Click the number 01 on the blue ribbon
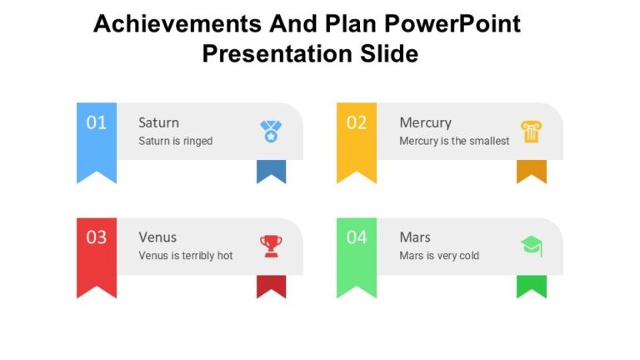[97, 123]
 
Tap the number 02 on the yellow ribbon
[357, 123]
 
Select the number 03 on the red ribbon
[97, 237]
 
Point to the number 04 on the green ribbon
[357, 237]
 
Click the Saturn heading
[158, 122]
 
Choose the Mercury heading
[425, 122]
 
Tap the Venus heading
[157, 237]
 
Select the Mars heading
[415, 237]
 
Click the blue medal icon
[271, 131]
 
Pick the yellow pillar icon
[531, 131]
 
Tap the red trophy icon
[271, 245]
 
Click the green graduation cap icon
[531, 245]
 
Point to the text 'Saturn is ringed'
[175, 141]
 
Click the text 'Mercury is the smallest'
[454, 141]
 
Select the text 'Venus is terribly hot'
[185, 256]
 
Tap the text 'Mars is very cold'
[439, 256]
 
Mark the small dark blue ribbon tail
[271, 171]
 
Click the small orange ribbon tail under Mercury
[531, 171]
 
